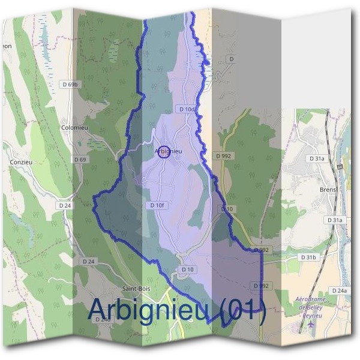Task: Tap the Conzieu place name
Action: pos(20,162)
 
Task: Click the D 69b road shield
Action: pos(70,85)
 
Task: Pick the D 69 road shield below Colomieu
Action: pos(80,160)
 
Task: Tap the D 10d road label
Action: pos(187,109)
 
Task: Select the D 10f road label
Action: pos(155,205)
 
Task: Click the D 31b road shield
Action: pos(307,257)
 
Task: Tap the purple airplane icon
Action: pos(311,325)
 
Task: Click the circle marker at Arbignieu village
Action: pos(165,152)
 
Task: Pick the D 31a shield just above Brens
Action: pos(317,158)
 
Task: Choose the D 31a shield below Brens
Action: pos(335,220)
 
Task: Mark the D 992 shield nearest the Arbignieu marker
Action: pos(224,156)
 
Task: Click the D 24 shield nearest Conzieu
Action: pos(65,205)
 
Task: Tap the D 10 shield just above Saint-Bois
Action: pos(187,270)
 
